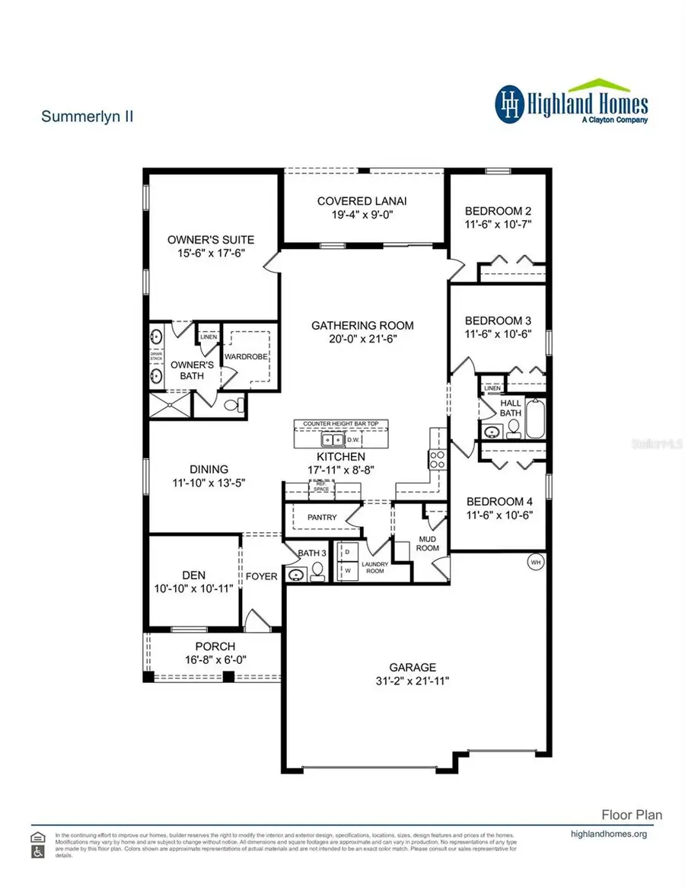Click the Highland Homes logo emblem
(x=511, y=104)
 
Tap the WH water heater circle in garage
(x=535, y=563)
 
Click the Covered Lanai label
(x=362, y=201)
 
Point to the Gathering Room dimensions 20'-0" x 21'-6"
(x=362, y=339)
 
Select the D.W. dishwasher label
(x=352, y=440)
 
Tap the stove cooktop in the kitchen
(x=438, y=460)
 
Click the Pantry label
(x=322, y=518)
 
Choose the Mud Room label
(x=425, y=544)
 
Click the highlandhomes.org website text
(x=608, y=834)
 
